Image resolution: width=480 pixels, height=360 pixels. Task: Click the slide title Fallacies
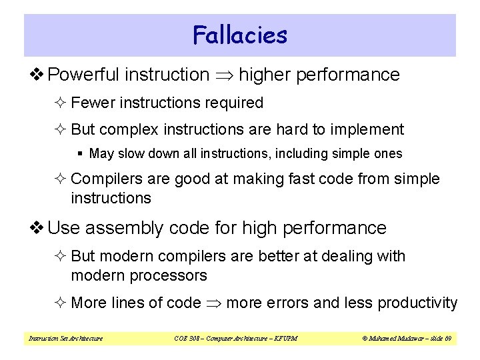click(x=240, y=35)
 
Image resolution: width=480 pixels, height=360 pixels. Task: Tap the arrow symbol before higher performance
click(x=224, y=75)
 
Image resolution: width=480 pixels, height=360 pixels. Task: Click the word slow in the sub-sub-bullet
click(x=129, y=154)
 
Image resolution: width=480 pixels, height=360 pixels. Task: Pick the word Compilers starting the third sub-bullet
click(x=105, y=179)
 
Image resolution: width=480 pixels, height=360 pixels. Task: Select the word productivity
click(x=417, y=303)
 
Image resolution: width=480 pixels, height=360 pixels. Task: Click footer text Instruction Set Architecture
click(x=65, y=339)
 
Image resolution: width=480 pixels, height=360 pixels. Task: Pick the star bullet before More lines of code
click(x=61, y=303)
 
